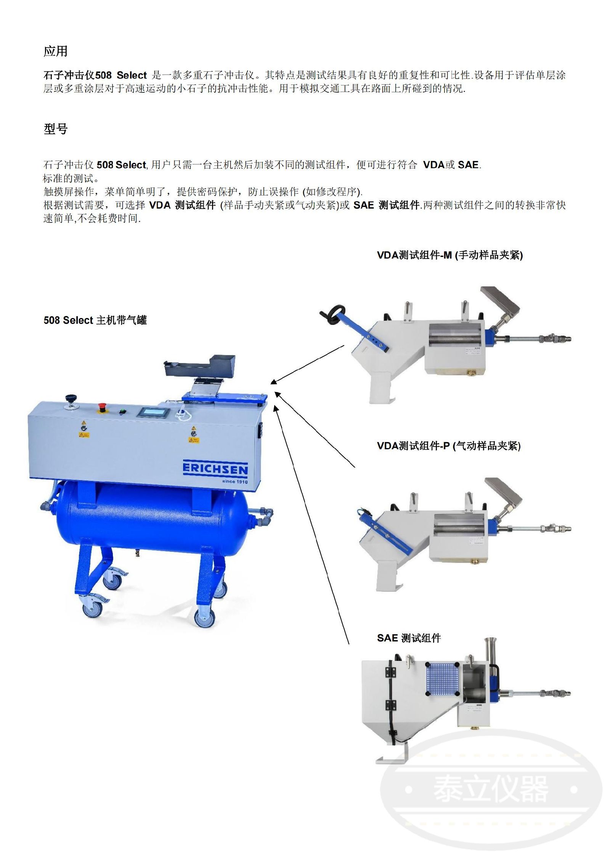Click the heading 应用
56,51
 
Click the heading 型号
56,129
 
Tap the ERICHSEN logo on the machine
215,469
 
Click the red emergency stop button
102,407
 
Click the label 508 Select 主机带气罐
95,320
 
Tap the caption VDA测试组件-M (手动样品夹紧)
450,255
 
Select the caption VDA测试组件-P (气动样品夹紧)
449,446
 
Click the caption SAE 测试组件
409,638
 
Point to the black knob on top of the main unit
71,398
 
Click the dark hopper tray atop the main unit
199,366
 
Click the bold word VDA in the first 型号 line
434,165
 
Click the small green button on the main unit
122,411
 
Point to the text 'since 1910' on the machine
235,482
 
